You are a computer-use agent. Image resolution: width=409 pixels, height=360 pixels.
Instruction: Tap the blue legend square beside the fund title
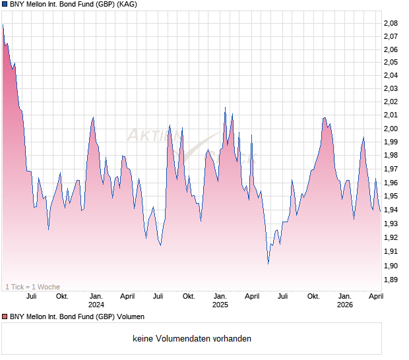pyautogui.click(x=5, y=5)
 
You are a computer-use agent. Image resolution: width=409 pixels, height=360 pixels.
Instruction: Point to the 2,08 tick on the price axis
pyautogui.click(x=391, y=23)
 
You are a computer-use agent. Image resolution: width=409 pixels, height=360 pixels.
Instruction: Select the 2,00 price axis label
pyautogui.click(x=391, y=129)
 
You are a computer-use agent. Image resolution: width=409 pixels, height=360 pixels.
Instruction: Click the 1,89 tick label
pyautogui.click(x=391, y=280)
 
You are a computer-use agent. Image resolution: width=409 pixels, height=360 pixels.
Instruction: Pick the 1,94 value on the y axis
pyautogui.click(x=391, y=210)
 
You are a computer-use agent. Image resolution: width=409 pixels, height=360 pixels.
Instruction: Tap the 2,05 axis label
pyautogui.click(x=391, y=62)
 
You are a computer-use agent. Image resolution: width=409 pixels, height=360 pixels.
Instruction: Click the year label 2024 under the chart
pyautogui.click(x=96, y=305)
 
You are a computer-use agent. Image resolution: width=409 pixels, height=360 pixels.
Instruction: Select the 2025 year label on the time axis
pyautogui.click(x=220, y=305)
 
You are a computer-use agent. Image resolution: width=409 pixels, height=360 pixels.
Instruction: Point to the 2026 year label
pyautogui.click(x=345, y=305)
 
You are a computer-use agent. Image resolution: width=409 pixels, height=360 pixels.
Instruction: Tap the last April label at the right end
pyautogui.click(x=375, y=297)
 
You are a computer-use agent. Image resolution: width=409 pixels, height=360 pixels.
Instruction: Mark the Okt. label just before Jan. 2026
pyautogui.click(x=313, y=297)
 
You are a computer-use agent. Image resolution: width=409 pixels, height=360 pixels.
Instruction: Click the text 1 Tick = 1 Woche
pyautogui.click(x=32, y=287)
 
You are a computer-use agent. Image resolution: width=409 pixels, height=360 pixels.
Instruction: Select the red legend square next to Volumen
pyautogui.click(x=5, y=317)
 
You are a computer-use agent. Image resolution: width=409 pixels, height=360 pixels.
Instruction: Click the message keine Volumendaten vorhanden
pyautogui.click(x=192, y=339)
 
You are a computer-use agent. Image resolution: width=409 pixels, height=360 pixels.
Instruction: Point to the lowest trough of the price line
pyautogui.click(x=268, y=264)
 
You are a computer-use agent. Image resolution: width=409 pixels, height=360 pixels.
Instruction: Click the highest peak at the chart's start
pyautogui.click(x=3, y=25)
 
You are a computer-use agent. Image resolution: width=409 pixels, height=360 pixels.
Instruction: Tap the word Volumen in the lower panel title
pyautogui.click(x=129, y=317)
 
